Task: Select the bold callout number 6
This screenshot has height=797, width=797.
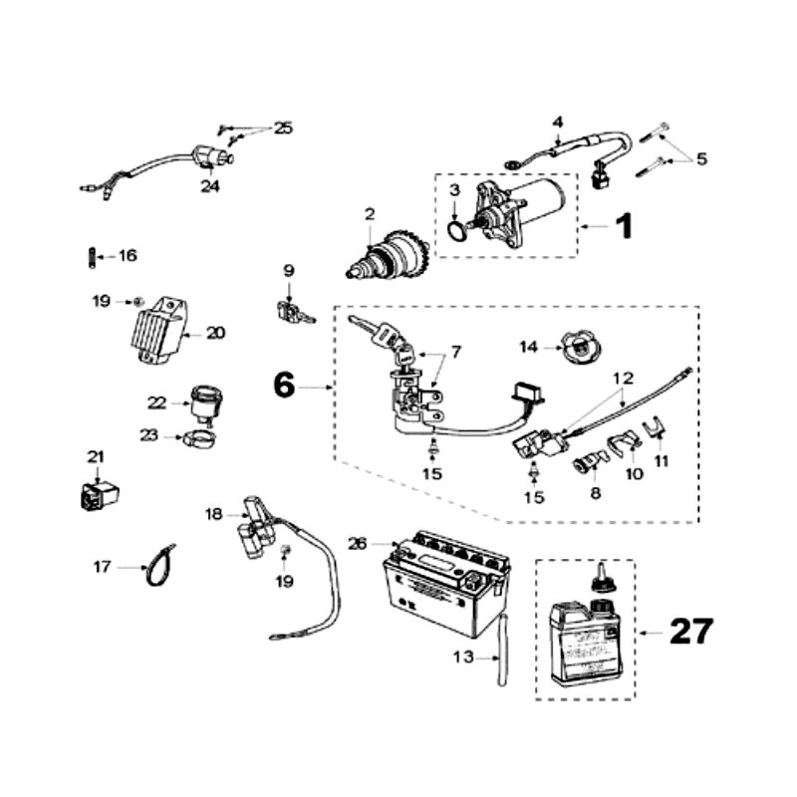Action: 284,385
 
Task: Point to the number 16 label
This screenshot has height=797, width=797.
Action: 127,256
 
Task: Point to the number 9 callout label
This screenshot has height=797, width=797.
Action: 289,269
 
